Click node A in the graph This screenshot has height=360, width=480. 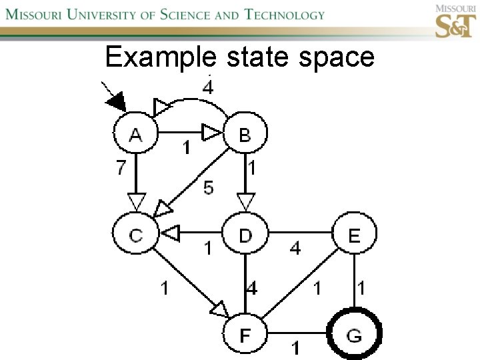(x=136, y=135)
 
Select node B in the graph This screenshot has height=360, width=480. (x=245, y=135)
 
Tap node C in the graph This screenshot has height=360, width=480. (x=136, y=235)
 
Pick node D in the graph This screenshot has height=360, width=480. (x=245, y=235)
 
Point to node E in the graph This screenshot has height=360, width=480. (x=354, y=235)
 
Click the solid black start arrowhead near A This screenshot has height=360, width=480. (x=116, y=102)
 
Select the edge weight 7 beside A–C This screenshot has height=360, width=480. (x=120, y=167)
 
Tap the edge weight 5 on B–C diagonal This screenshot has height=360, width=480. (x=209, y=189)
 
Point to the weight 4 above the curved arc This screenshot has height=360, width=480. (x=208, y=87)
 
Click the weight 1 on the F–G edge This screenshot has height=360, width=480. (x=294, y=347)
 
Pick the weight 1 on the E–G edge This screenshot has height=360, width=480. (x=361, y=288)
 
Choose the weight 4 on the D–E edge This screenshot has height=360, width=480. (x=295, y=249)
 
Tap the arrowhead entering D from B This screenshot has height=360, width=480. (x=246, y=200)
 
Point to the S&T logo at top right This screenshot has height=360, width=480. (x=454, y=22)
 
